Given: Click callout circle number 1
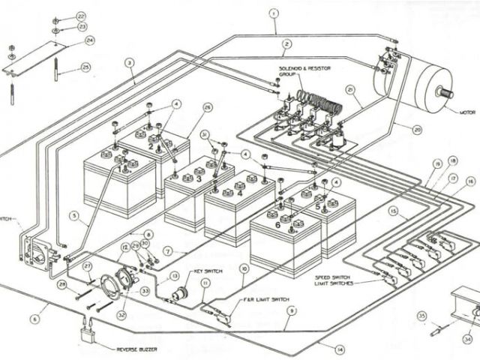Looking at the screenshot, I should point(274,13).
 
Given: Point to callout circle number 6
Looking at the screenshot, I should point(34,319).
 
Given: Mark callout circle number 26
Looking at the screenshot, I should point(208,107).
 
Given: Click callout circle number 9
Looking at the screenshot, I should point(292,310).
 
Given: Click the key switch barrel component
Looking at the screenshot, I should point(179,292).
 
